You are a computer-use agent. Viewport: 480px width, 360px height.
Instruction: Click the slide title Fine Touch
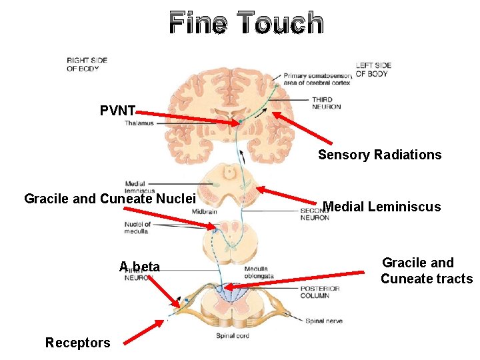pos(247,23)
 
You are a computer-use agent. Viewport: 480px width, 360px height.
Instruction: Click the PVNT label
pos(118,111)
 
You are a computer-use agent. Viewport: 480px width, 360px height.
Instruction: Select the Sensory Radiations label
pos(379,155)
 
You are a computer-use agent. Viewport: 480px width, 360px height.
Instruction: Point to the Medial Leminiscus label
pos(381,207)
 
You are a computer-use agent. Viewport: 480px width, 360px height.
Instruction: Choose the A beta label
pos(140,267)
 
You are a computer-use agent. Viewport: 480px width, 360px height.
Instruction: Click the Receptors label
pos(77,343)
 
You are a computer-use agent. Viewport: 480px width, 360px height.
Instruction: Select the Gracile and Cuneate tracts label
pos(426,271)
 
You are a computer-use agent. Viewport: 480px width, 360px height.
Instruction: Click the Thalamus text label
pos(139,123)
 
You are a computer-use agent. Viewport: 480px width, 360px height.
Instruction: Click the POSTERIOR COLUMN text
pos(319,293)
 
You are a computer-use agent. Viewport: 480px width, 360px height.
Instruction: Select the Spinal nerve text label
pos(324,321)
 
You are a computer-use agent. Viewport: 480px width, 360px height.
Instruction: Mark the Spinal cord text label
pos(233,336)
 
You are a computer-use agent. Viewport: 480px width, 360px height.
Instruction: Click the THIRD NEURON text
pos(326,103)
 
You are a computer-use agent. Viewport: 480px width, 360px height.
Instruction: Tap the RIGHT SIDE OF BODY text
pos(87,64)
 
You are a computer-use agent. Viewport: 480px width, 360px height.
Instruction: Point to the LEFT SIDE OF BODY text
pos(373,69)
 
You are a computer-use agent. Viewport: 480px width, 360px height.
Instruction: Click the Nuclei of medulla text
pos(137,228)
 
